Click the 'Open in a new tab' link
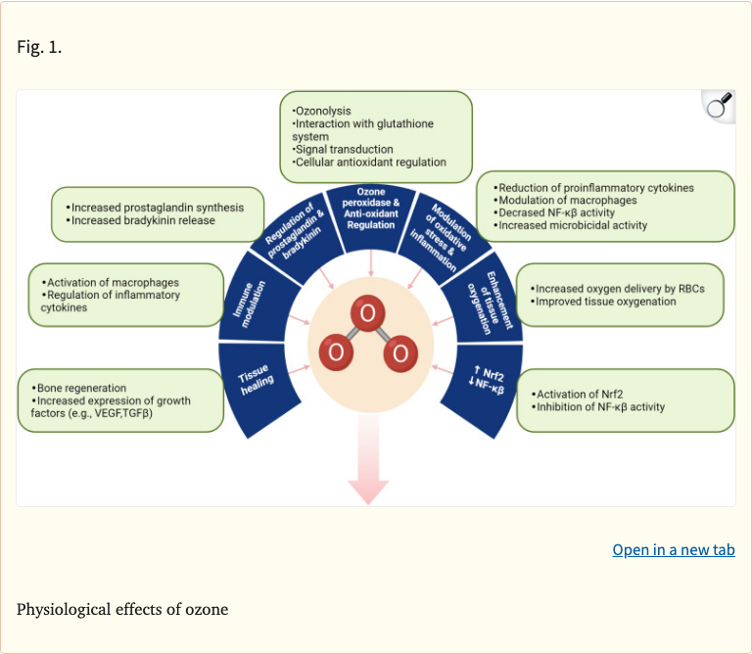pyautogui.click(x=673, y=549)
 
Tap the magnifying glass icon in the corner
pyautogui.click(x=719, y=106)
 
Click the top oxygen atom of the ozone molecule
pyautogui.click(x=367, y=315)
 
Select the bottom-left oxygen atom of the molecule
pyautogui.click(x=336, y=352)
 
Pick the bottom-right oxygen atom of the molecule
pyautogui.click(x=399, y=352)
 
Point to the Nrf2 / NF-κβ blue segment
pyautogui.click(x=487, y=381)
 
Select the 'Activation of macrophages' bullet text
pyautogui.click(x=112, y=282)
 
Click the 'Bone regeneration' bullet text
pyautogui.click(x=80, y=388)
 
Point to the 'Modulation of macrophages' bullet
pyautogui.click(x=568, y=201)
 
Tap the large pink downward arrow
pyautogui.click(x=368, y=460)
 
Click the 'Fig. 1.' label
pyautogui.click(x=39, y=47)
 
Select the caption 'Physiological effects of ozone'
pyautogui.click(x=122, y=609)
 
